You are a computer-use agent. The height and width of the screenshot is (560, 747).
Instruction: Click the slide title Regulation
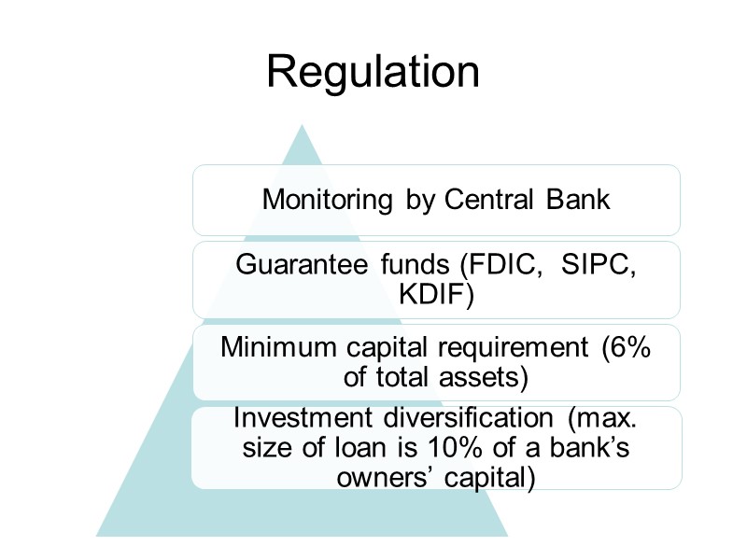[373, 73]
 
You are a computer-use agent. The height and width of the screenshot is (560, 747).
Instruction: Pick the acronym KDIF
[436, 296]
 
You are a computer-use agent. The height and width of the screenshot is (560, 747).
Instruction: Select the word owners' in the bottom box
[375, 479]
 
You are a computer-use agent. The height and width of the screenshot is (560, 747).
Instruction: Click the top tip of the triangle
[302, 125]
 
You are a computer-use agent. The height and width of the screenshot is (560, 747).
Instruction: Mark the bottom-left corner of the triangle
[97, 536]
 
